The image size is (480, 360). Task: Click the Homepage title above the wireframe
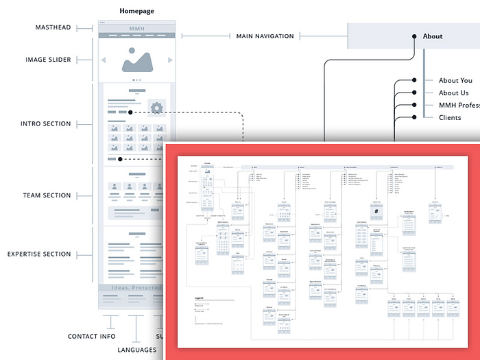(136, 11)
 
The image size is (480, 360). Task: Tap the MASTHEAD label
(53, 27)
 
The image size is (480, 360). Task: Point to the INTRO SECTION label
(46, 124)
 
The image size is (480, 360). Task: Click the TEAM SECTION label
(47, 195)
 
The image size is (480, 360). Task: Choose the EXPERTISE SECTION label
(39, 254)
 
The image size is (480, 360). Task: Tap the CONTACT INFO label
(91, 337)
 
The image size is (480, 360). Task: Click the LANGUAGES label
(137, 350)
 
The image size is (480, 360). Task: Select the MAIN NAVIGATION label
(265, 36)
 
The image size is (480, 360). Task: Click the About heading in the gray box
(433, 36)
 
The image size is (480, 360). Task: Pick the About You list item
(455, 81)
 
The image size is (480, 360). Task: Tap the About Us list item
(454, 93)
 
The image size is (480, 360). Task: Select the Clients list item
(450, 118)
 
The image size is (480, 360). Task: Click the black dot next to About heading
(415, 36)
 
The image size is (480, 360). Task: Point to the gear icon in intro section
(156, 108)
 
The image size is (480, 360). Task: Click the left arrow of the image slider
(104, 60)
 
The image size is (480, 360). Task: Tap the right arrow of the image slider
(170, 60)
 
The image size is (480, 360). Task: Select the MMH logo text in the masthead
(137, 28)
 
